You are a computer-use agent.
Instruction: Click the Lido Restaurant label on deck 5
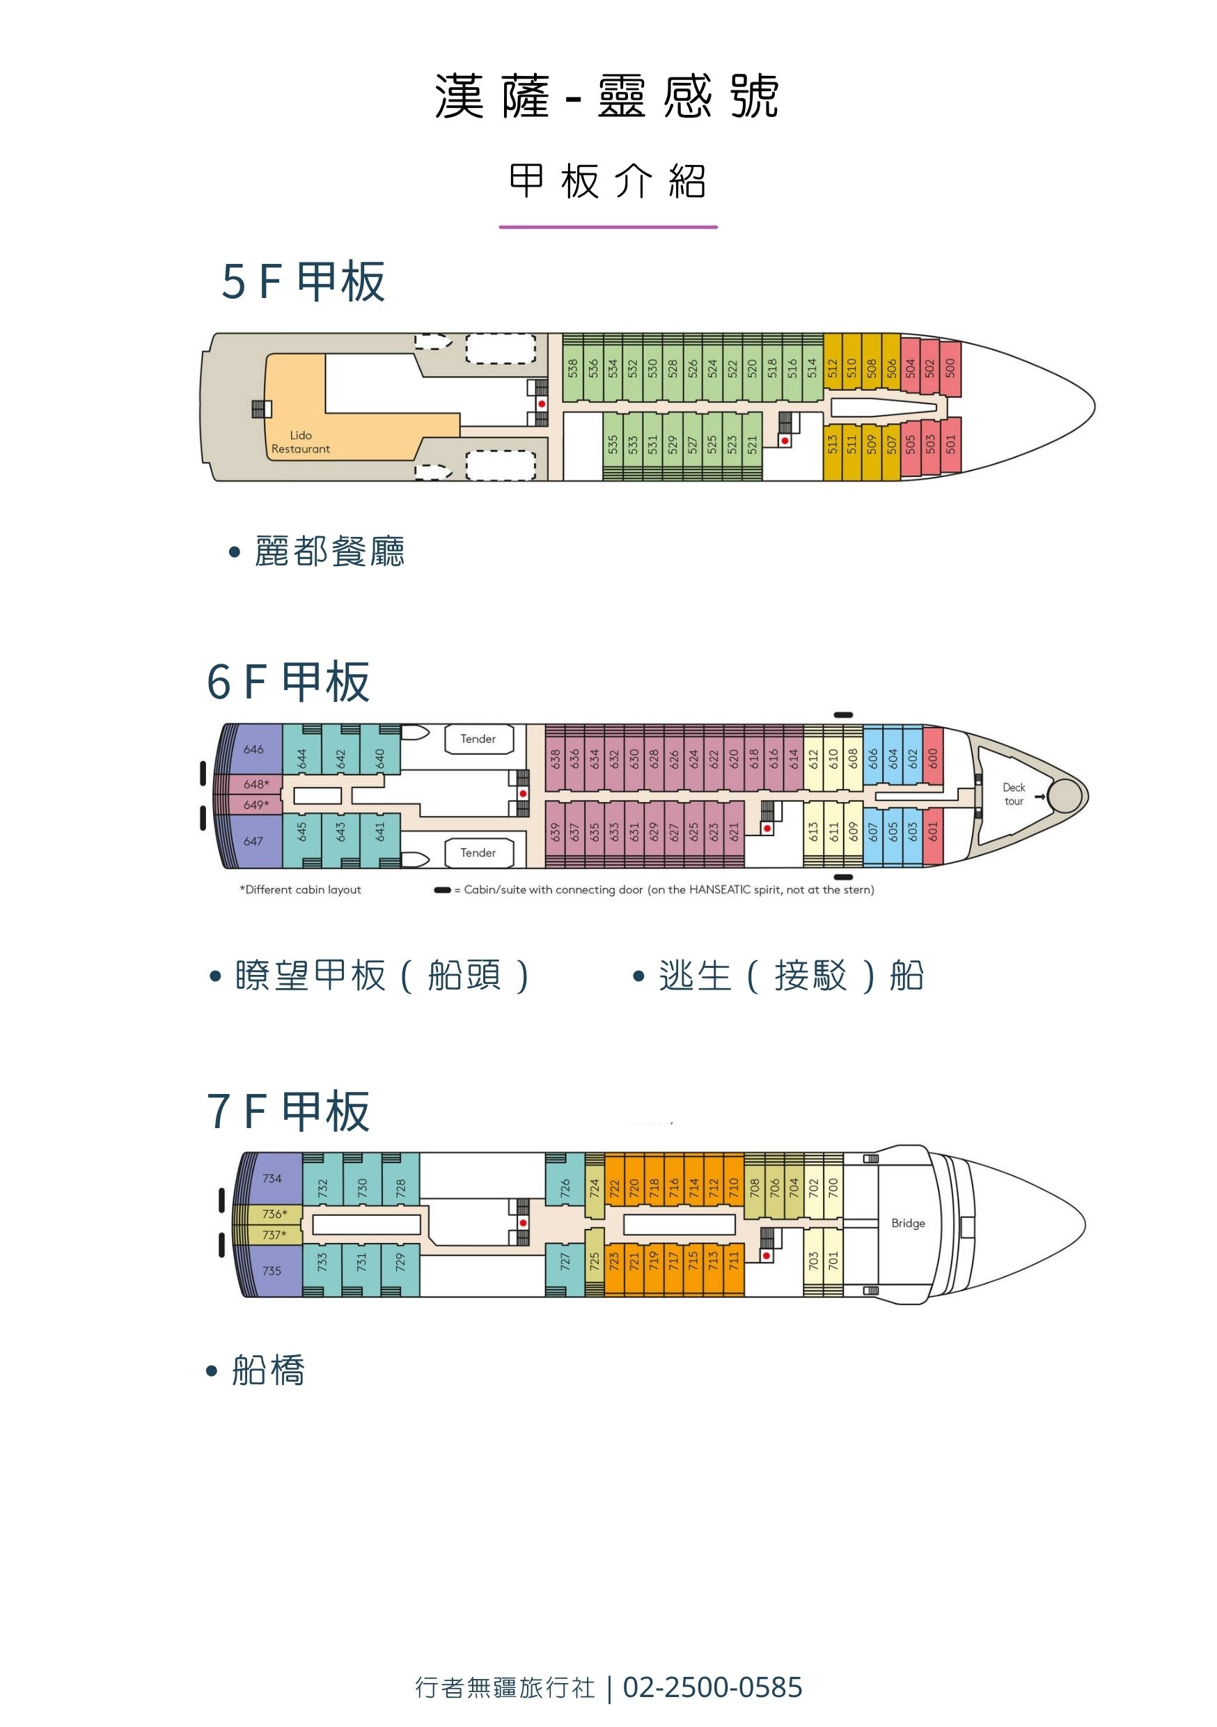[x=300, y=441]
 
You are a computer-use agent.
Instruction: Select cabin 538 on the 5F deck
[x=573, y=368]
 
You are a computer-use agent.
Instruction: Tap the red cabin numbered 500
[x=950, y=368]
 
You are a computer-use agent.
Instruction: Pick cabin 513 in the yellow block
[x=832, y=444]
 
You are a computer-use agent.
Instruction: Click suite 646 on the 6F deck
[x=253, y=749]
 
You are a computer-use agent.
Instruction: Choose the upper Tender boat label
[x=478, y=739]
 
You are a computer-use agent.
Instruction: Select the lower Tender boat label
[x=478, y=852]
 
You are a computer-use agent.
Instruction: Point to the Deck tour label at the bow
[x=1013, y=794]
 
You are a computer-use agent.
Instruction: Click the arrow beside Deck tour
[x=1039, y=797]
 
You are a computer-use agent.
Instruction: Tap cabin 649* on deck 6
[x=256, y=804]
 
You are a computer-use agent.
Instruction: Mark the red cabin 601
[x=933, y=831]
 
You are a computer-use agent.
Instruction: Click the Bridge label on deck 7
[x=908, y=1223]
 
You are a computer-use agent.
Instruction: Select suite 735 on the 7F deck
[x=272, y=1270]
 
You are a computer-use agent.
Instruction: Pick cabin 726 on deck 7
[x=565, y=1188]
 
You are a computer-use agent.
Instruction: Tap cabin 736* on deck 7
[x=274, y=1213]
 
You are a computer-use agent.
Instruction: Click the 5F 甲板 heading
[x=303, y=281]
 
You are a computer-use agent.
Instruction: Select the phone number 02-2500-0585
[x=712, y=1687]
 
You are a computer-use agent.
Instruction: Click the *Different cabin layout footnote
[x=300, y=889]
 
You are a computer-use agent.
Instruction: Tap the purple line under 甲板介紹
[x=608, y=226]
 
